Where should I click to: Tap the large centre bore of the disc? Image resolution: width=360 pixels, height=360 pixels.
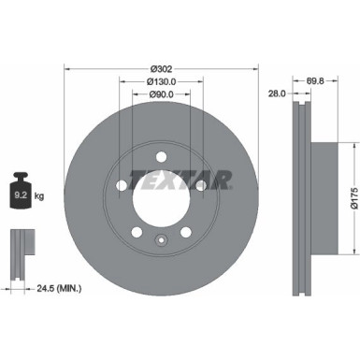click(x=161, y=196)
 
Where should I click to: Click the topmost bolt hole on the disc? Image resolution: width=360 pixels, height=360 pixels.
click(x=161, y=155)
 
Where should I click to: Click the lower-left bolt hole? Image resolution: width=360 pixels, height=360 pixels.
click(x=136, y=232)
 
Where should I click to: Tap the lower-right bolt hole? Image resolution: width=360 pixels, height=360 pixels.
click(x=186, y=232)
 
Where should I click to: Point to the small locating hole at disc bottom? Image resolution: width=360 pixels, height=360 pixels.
click(x=161, y=246)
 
